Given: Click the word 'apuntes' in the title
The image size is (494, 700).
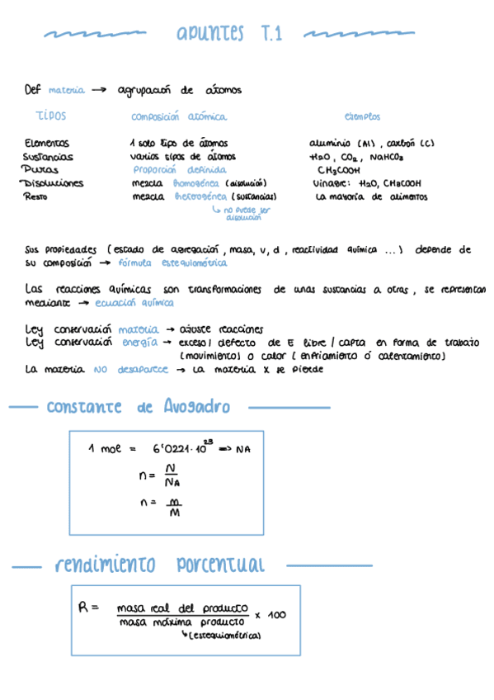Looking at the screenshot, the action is (210, 34).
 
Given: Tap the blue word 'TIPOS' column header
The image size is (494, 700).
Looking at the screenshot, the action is (51, 116).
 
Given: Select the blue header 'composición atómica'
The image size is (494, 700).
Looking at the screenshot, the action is (178, 117).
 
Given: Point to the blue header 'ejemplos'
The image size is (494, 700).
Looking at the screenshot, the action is (362, 117).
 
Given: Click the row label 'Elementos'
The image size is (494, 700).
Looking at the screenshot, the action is (47, 143).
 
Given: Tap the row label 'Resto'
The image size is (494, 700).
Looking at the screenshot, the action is (35, 196).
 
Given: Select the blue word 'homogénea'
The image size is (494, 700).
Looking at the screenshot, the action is (195, 183).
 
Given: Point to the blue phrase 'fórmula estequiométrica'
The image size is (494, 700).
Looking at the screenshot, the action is (172, 262).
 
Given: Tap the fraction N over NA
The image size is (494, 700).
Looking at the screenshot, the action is (171, 475).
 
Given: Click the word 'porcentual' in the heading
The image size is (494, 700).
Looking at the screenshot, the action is (220, 565).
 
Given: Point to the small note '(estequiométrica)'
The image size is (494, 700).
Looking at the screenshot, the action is (224, 636).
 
